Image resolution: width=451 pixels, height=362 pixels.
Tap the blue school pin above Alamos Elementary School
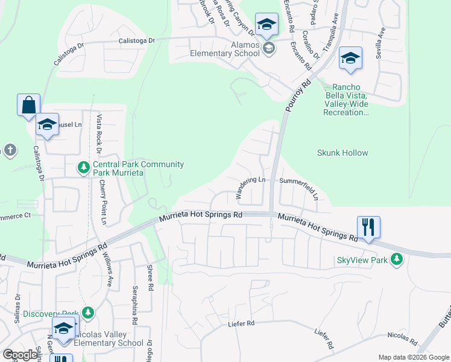(265, 25)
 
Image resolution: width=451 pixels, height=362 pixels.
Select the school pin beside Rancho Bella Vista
(350, 59)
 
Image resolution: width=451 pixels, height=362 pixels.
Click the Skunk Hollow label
(342, 153)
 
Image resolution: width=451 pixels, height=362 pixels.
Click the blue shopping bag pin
(28, 105)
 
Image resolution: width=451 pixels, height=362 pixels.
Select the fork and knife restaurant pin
(368, 227)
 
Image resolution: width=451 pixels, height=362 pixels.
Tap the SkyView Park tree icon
(396, 259)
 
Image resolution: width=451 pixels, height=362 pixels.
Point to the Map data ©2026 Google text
(413, 357)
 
